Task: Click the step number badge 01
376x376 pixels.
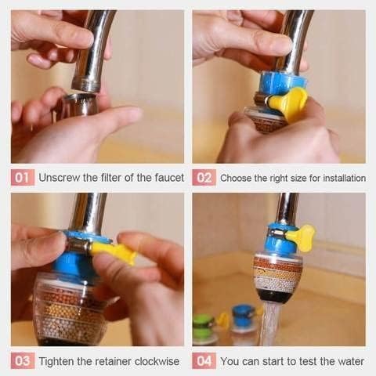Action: coord(23,177)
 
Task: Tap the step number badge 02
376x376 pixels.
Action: coord(204,177)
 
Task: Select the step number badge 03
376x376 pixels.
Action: coord(23,360)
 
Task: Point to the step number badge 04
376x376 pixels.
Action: coord(204,360)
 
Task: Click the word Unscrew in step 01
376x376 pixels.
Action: coord(60,177)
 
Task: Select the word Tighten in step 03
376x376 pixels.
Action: coord(58,361)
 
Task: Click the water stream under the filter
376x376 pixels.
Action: coord(272,321)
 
